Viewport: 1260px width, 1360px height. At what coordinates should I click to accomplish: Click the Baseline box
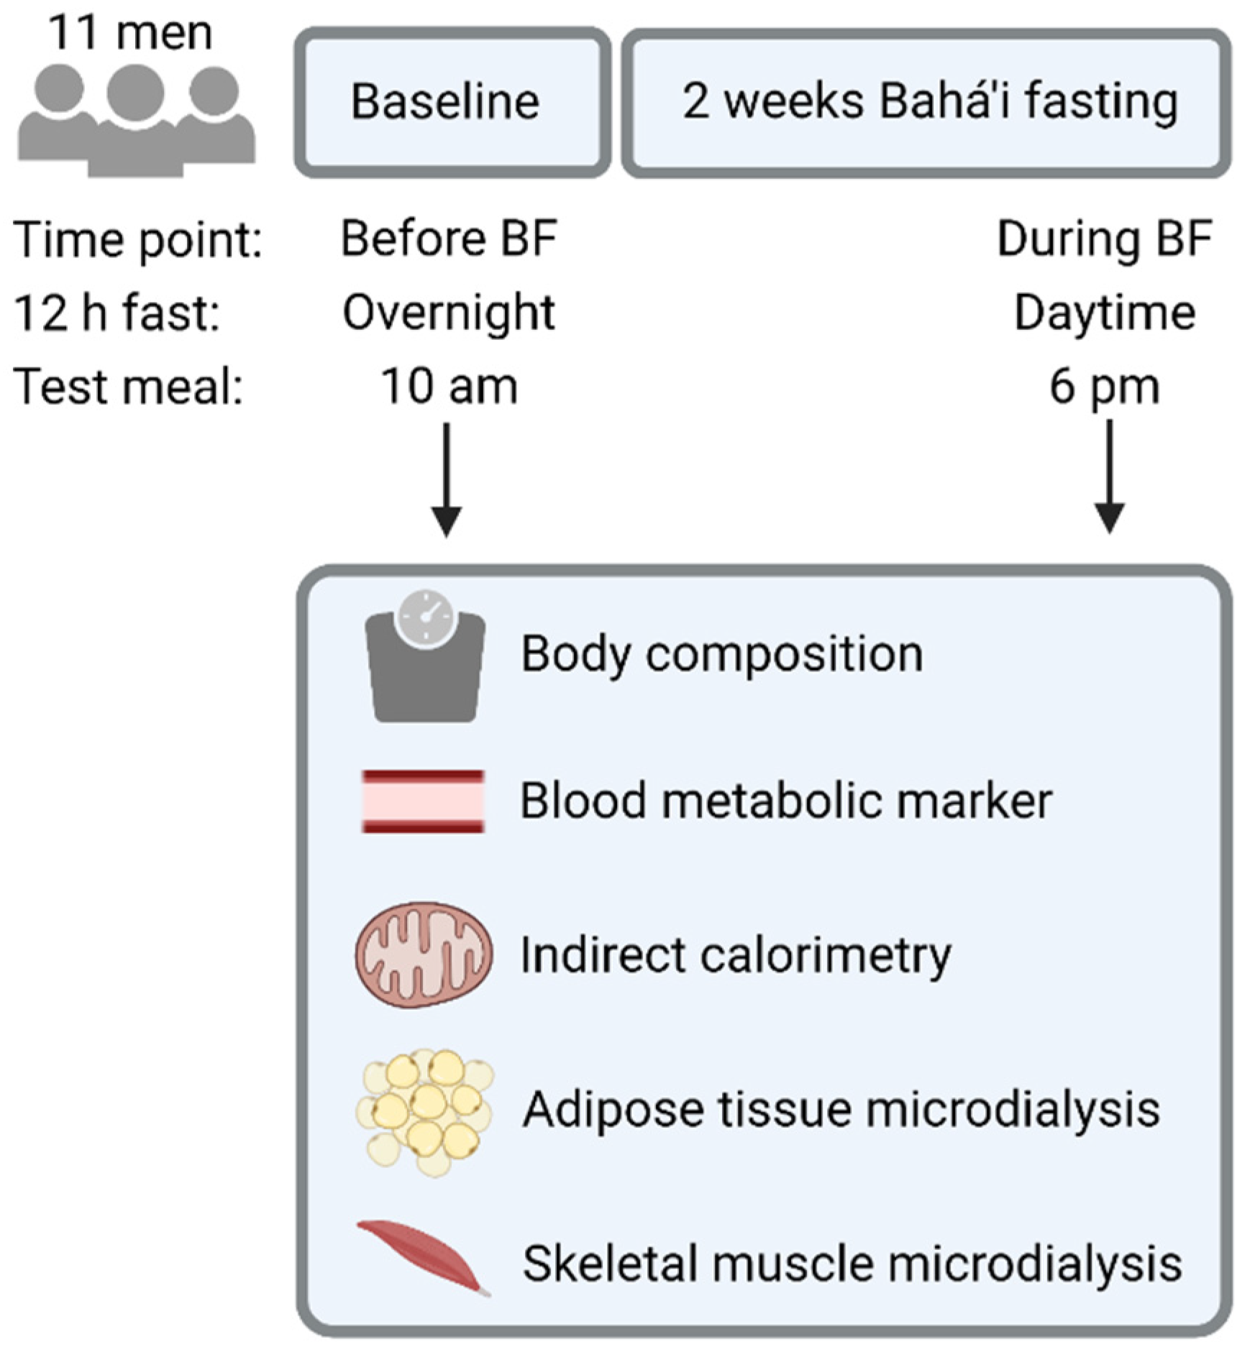(452, 102)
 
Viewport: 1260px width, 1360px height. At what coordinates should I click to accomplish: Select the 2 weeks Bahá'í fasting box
(926, 102)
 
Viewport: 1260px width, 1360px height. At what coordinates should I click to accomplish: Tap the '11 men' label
(130, 33)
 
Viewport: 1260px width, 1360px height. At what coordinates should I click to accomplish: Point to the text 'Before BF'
(449, 239)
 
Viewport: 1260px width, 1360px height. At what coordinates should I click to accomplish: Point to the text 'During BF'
(1105, 239)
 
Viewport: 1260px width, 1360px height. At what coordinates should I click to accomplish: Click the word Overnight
(449, 313)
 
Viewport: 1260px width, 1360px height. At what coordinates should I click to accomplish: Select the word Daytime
(1105, 313)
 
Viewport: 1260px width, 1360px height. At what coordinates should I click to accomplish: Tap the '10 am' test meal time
(449, 387)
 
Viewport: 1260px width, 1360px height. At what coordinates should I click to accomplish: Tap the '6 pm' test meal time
(1105, 387)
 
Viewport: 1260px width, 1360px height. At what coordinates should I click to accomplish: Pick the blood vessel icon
(423, 801)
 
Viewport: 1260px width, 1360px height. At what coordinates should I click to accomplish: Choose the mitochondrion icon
(424, 955)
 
